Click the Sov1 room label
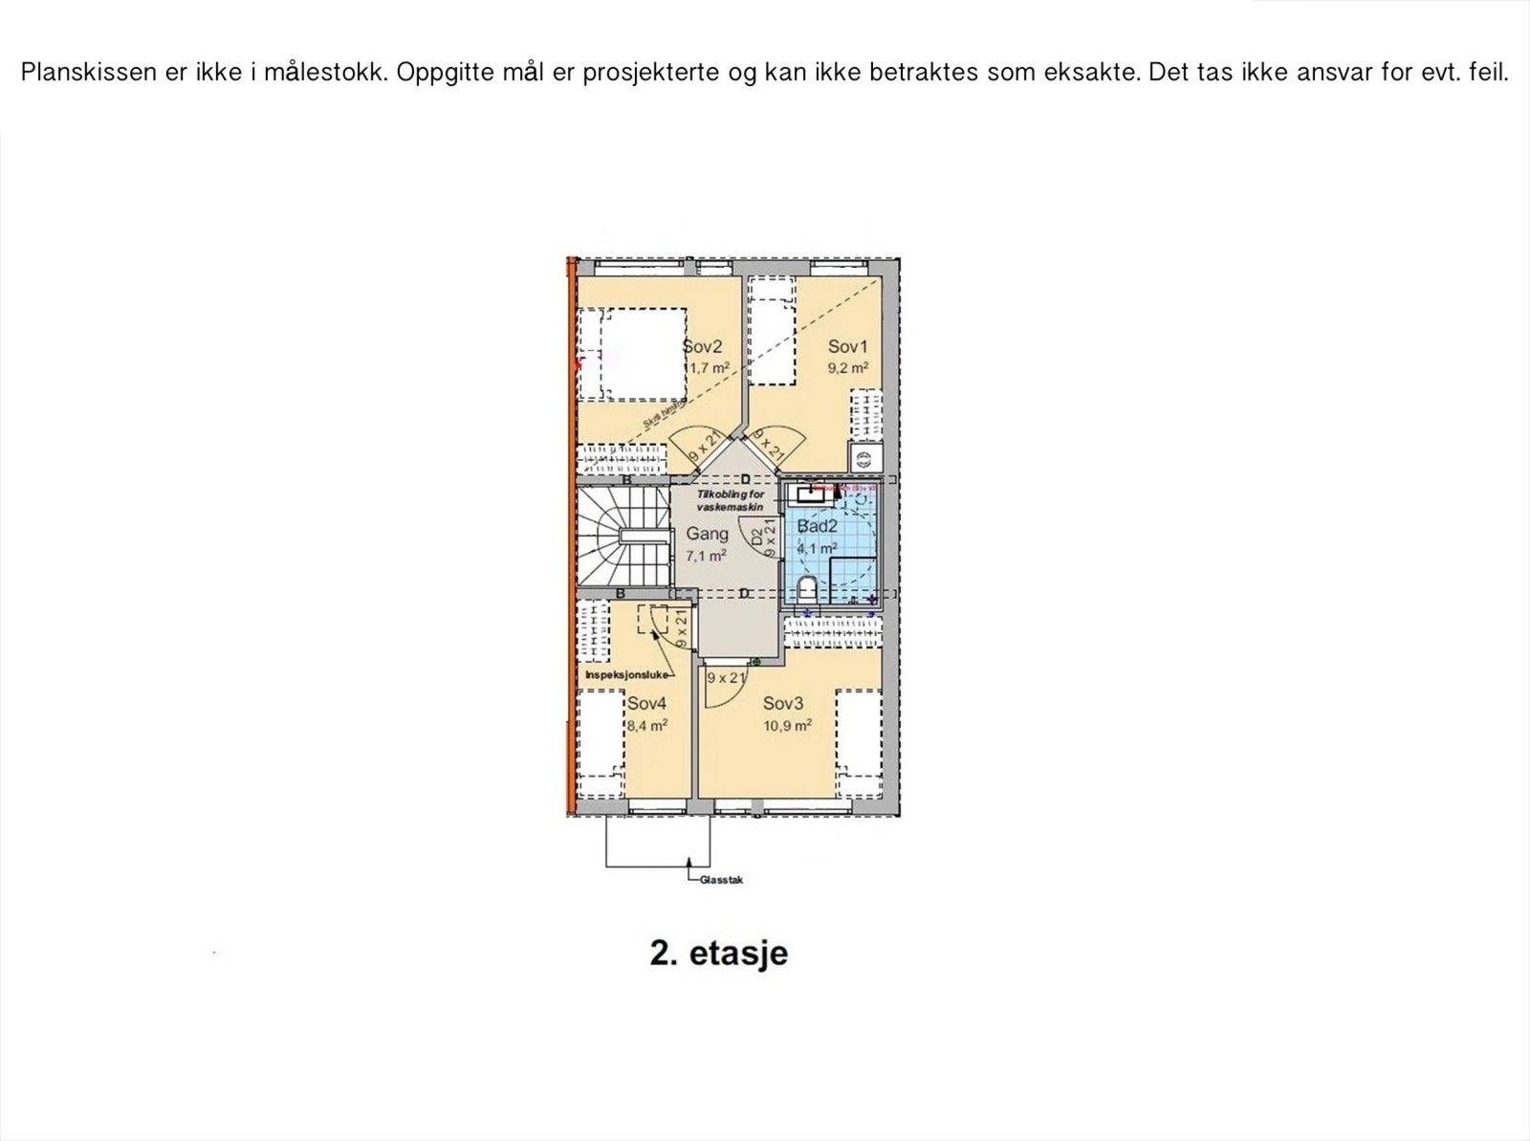(x=847, y=347)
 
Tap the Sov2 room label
(x=703, y=347)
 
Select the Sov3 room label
(x=783, y=704)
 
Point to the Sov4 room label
(x=646, y=704)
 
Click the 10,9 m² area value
(x=787, y=726)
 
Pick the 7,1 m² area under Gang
(x=706, y=556)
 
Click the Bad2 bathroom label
(x=817, y=526)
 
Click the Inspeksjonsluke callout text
(x=626, y=675)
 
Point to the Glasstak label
(x=721, y=880)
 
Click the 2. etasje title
(x=718, y=954)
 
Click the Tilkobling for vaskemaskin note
(x=730, y=501)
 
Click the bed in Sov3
(x=858, y=744)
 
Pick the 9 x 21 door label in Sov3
(x=726, y=678)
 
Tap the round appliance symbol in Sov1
(x=863, y=458)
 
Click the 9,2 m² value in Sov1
(x=847, y=367)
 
